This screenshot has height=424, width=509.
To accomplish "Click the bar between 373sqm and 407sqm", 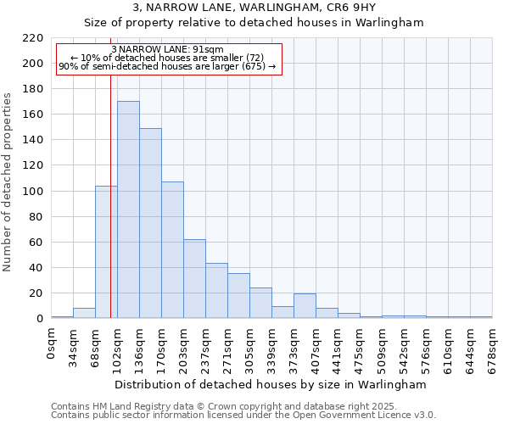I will pos(305,306).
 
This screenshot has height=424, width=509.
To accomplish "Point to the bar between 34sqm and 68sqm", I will pos(84,313).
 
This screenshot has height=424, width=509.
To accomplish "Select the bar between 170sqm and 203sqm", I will pos(172,250).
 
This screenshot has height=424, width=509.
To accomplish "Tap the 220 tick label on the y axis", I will pos(34,38).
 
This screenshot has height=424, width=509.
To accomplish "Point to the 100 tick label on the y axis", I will pos(34,192).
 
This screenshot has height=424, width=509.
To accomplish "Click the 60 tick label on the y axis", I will pos(37,243).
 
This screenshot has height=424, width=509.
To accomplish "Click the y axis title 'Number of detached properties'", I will pos(8,182).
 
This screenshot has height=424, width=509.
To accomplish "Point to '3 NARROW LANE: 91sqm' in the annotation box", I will pos(167,50).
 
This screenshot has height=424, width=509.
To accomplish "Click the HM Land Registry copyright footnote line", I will pos(243,406).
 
